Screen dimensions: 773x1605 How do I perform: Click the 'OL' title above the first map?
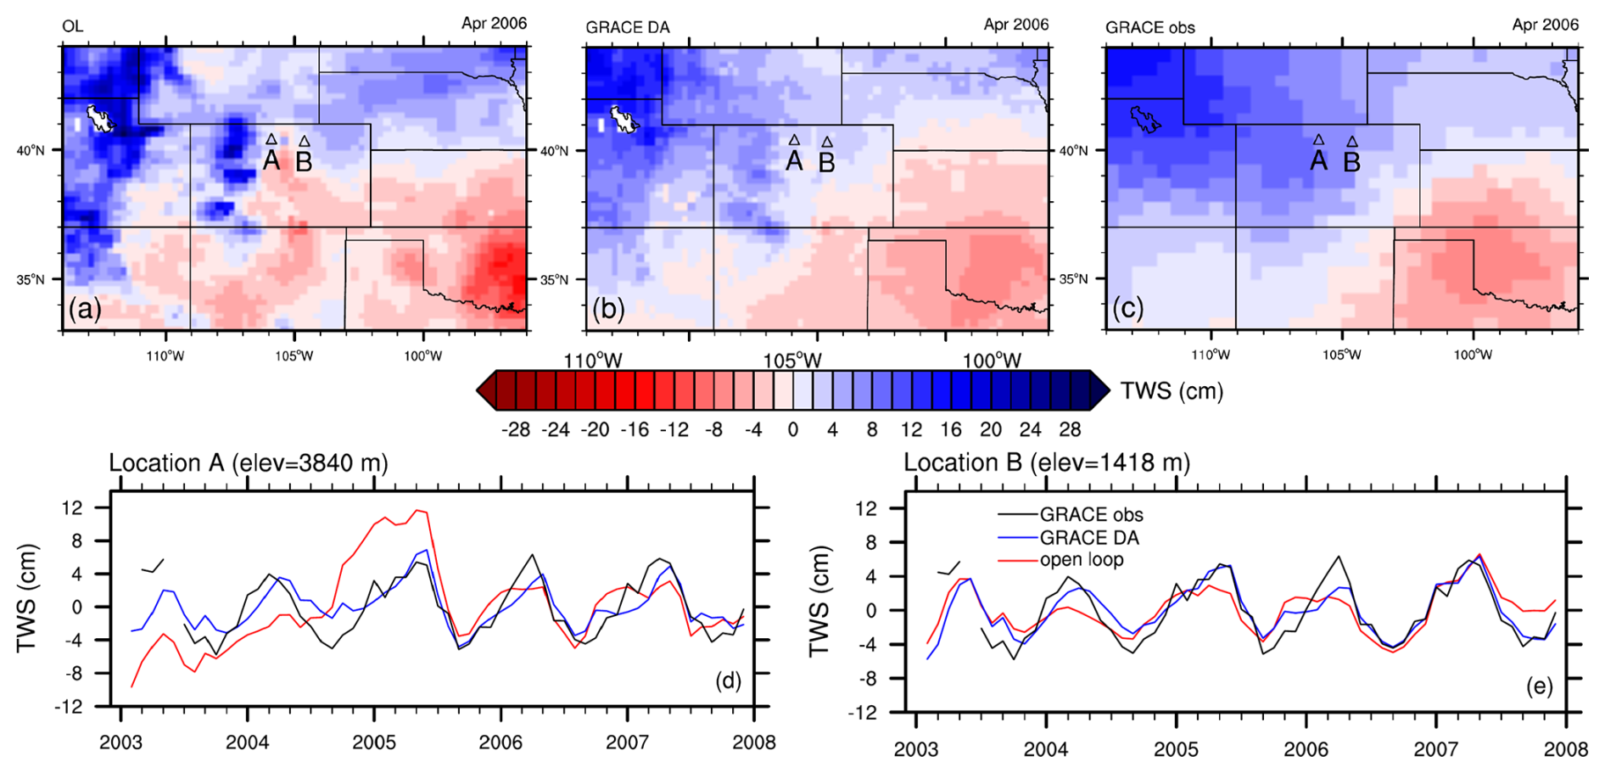tap(73, 27)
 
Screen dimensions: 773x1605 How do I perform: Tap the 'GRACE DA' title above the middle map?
tap(627, 27)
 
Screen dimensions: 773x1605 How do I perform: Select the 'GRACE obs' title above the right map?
tap(1149, 27)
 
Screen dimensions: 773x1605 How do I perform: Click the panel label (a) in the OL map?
tap(85, 308)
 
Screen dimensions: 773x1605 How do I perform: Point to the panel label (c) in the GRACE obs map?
tap(1128, 308)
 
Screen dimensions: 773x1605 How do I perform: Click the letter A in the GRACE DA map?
tap(793, 160)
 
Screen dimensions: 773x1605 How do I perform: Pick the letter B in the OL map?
tap(304, 161)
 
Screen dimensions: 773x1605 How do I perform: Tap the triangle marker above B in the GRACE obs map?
tap(1352, 142)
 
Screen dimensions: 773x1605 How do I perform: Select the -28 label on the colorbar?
tap(515, 429)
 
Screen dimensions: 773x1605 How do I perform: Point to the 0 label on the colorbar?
tap(793, 429)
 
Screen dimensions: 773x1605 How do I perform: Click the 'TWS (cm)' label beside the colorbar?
tap(1172, 391)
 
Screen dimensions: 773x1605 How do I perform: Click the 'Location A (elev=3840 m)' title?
tap(248, 463)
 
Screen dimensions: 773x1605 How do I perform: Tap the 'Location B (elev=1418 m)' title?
tap(1046, 462)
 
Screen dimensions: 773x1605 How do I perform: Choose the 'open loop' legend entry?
tap(1082, 560)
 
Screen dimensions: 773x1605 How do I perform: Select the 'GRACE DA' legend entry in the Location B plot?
tap(1089, 538)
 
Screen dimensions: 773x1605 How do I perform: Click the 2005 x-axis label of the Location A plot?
tap(373, 742)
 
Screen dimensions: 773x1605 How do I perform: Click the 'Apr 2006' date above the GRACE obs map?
tap(1545, 25)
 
